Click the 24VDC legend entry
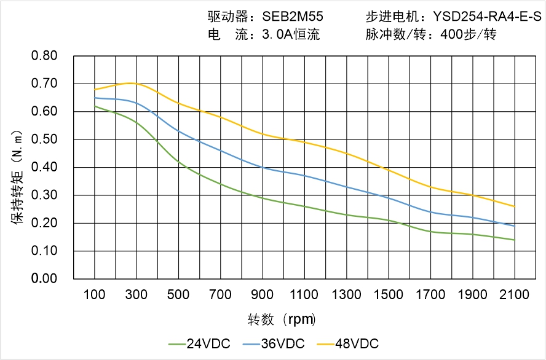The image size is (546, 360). [x=199, y=343]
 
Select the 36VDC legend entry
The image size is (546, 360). [x=273, y=343]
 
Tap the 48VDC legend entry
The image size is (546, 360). [x=347, y=343]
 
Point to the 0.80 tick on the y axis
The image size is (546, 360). [x=44, y=56]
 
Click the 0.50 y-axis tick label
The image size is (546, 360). [x=44, y=139]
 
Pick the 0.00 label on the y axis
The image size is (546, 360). [x=44, y=279]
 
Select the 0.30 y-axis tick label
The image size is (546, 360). [x=44, y=195]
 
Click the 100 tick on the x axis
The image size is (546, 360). [x=94, y=295]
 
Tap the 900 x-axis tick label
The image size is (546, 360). [x=263, y=295]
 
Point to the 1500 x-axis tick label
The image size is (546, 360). [x=389, y=295]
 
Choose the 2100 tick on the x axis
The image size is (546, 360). [x=515, y=295]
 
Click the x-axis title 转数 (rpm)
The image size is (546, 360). [x=282, y=319]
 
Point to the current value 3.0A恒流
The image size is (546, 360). [x=290, y=34]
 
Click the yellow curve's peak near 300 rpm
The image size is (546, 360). [x=131, y=82]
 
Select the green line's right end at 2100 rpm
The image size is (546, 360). [x=515, y=240]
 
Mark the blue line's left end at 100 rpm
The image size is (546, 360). [x=95, y=98]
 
